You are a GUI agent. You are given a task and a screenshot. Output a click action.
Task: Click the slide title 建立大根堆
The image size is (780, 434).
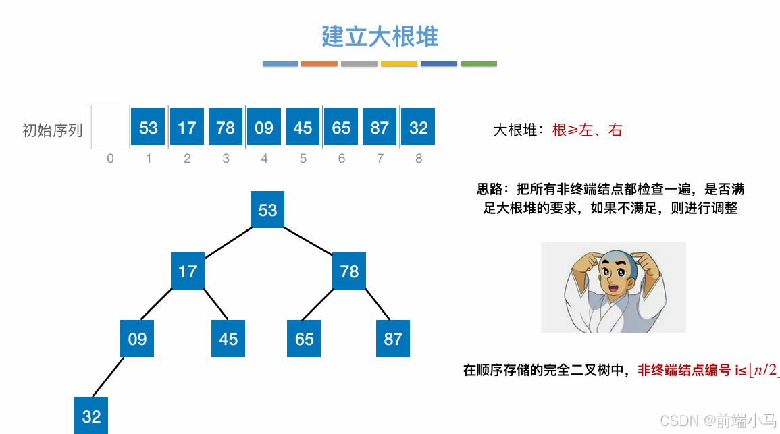pos(380,36)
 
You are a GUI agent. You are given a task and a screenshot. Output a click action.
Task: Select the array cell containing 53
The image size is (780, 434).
pos(149,128)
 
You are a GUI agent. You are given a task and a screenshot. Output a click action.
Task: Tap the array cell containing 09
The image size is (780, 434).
pos(264,128)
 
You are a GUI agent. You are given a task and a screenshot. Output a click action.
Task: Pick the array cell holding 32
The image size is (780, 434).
pos(419,128)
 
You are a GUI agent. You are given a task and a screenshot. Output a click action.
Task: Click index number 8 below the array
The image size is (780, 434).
pos(419,159)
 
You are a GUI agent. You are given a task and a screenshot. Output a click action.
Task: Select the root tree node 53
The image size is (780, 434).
pos(267,209)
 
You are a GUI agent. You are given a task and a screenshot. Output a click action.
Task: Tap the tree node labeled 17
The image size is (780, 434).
pos(188,271)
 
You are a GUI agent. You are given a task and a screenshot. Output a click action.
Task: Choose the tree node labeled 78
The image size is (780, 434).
pos(349,271)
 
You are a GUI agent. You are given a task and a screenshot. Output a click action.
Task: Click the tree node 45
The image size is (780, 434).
pos(228,338)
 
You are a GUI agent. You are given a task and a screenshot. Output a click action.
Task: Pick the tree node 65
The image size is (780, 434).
pos(305,338)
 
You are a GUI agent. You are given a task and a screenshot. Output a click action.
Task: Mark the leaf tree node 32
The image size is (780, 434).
pos(91,416)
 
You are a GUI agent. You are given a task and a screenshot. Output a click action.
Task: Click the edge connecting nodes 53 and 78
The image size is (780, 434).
pos(309,240)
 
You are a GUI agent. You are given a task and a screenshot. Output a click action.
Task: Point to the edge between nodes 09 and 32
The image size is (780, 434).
pos(109,377)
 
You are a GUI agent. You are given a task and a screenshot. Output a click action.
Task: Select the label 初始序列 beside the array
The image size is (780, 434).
pos(52,130)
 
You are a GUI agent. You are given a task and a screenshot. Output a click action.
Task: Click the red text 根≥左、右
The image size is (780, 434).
pos(587,130)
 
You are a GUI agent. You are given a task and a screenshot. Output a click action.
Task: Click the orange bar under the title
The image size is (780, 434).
pos(319,64)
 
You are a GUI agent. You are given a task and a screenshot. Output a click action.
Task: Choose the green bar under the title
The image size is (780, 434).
pos(479,64)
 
